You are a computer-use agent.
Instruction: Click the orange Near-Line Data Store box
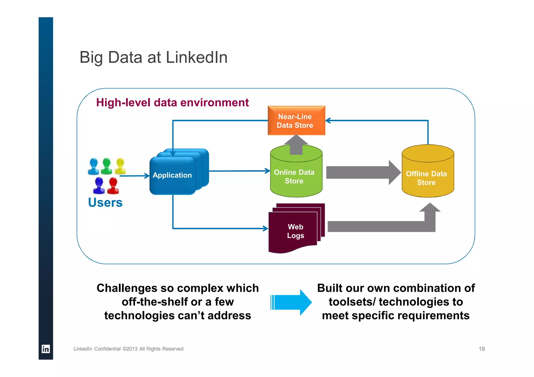(x=296, y=121)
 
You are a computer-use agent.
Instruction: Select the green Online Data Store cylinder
(x=296, y=177)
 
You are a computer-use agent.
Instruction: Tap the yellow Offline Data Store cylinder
(x=428, y=177)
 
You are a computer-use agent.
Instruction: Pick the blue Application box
(x=172, y=175)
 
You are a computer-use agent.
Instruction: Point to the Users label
(x=105, y=203)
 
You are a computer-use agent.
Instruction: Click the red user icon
(x=113, y=186)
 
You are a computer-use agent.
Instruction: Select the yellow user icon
(x=120, y=166)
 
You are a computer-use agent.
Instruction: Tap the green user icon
(x=106, y=166)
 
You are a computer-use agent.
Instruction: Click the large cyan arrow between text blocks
(x=291, y=302)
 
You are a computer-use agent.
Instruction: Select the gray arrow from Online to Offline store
(x=362, y=172)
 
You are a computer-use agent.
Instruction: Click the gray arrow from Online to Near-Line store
(x=296, y=145)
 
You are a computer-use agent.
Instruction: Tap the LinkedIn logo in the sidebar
(x=46, y=349)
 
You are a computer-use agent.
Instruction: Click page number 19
(x=481, y=349)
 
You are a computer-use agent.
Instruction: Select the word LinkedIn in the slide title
(x=197, y=57)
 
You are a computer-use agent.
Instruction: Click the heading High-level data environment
(x=172, y=103)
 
